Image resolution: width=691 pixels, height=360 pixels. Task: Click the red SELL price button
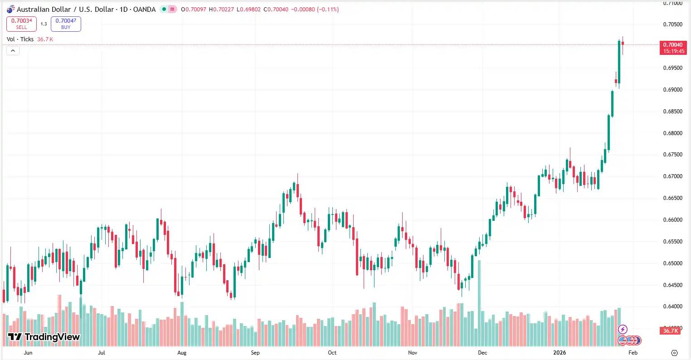pos(21,24)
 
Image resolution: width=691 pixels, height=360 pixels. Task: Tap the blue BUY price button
pos(66,24)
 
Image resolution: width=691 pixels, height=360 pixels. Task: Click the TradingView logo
pos(44,337)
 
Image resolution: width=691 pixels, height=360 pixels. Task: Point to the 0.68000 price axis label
pos(672,133)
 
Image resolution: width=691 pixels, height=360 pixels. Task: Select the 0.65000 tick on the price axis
pos(672,263)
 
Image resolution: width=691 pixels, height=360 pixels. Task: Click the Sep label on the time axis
pos(255,353)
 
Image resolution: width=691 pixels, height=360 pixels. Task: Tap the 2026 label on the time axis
pos(560,353)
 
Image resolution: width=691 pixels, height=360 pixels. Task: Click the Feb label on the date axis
pos(633,353)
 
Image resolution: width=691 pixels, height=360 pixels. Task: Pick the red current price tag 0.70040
pos(673,48)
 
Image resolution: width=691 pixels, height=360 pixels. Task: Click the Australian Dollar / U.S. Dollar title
pos(86,9)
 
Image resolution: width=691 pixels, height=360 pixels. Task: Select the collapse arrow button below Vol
pos(13,51)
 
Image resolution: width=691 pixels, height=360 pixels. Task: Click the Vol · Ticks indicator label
pos(20,39)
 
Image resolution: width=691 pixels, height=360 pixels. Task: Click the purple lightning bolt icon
pos(623,329)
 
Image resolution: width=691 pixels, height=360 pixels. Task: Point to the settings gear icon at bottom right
pos(674,353)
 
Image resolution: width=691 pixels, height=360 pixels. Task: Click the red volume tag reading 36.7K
pos(671,331)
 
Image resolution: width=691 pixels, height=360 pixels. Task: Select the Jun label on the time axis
pos(28,353)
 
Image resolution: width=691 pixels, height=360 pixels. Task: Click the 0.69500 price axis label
pos(672,68)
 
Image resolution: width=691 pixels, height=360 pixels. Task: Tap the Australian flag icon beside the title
pos(10,9)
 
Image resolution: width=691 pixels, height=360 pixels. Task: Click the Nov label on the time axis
pos(413,353)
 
